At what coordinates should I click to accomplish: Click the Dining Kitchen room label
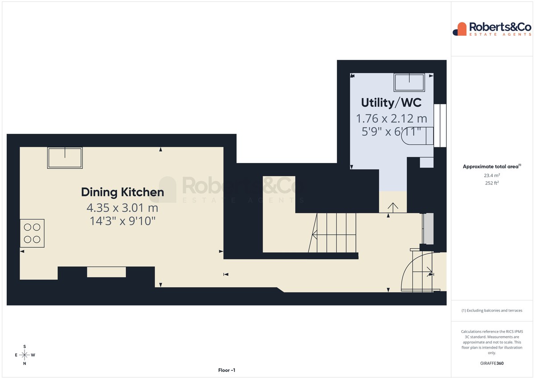(123, 192)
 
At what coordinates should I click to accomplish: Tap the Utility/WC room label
(391, 103)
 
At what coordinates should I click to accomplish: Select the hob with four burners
(32, 233)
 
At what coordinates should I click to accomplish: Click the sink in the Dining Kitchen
(65, 158)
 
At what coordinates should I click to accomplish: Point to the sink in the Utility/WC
(409, 83)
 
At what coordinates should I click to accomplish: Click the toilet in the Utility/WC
(417, 136)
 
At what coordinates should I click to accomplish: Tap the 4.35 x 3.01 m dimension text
(122, 208)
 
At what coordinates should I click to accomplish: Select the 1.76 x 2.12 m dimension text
(391, 119)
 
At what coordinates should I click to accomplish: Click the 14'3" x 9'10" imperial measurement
(123, 221)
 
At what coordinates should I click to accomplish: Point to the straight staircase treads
(334, 233)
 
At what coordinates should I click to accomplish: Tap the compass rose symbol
(25, 355)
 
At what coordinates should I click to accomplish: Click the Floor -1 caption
(226, 370)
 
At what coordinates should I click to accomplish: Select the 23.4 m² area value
(492, 175)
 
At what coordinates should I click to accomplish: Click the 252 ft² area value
(492, 183)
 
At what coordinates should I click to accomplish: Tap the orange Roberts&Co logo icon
(460, 29)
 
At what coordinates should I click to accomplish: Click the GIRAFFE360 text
(492, 363)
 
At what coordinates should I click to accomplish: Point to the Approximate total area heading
(492, 167)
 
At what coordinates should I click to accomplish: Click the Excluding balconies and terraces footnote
(492, 310)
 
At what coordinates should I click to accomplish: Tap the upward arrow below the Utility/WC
(393, 208)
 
